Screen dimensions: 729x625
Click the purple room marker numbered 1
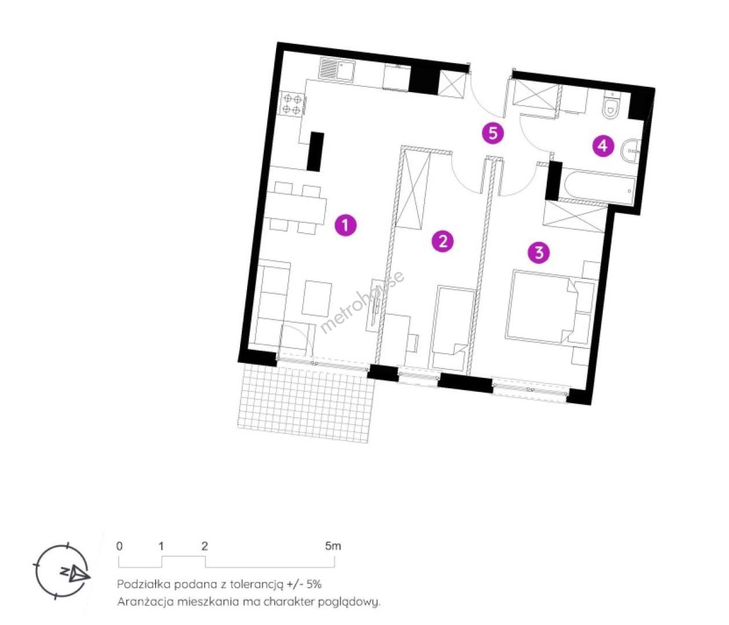pyautogui.click(x=345, y=225)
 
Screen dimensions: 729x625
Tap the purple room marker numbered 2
pyautogui.click(x=442, y=241)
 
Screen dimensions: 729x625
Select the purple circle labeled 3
pyautogui.click(x=539, y=252)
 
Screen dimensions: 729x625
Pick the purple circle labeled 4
pyautogui.click(x=603, y=146)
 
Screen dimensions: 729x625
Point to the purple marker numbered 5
pyautogui.click(x=493, y=133)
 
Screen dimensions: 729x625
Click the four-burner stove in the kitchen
pyautogui.click(x=292, y=103)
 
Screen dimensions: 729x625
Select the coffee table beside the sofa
pyautogui.click(x=316, y=298)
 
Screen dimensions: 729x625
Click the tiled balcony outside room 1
pyautogui.click(x=305, y=402)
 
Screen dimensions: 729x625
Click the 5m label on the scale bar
pyautogui.click(x=333, y=546)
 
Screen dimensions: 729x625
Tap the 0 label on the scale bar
pyautogui.click(x=120, y=546)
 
